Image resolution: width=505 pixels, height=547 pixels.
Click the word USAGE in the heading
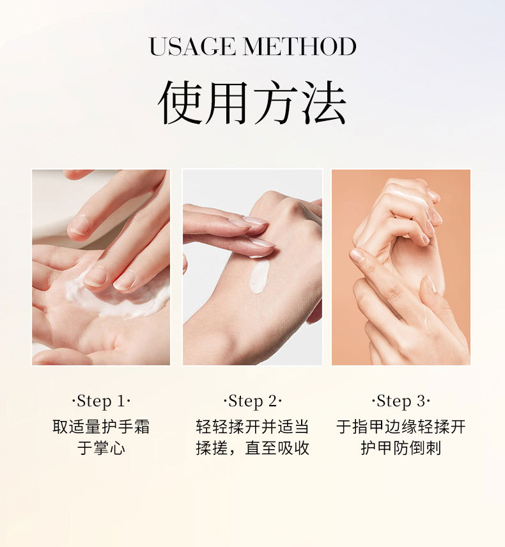[192, 47]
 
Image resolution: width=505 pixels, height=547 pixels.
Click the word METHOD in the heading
[300, 47]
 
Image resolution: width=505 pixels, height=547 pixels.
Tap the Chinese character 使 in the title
[180, 102]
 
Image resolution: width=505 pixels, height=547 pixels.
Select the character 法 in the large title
[323, 102]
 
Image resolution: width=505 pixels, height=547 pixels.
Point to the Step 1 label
[101, 401]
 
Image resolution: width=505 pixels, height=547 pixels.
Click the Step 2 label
[252, 401]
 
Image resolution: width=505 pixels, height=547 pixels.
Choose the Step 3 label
[401, 401]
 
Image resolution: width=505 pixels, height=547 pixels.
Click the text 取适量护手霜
[101, 427]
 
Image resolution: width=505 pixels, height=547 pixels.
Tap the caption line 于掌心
[101, 448]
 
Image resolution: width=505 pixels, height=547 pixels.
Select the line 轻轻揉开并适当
[252, 427]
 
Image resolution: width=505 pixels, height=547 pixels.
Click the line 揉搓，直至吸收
[252, 448]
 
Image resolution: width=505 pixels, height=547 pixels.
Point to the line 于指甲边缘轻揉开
[401, 427]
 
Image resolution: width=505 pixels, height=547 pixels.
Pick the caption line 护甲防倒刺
[401, 448]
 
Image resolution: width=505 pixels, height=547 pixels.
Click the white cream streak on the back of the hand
[259, 276]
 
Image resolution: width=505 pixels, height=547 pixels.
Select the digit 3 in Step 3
[421, 401]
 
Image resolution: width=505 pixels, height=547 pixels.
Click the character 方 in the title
[276, 102]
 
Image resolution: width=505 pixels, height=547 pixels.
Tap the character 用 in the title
[228, 102]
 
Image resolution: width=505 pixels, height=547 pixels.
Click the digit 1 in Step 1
[121, 401]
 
